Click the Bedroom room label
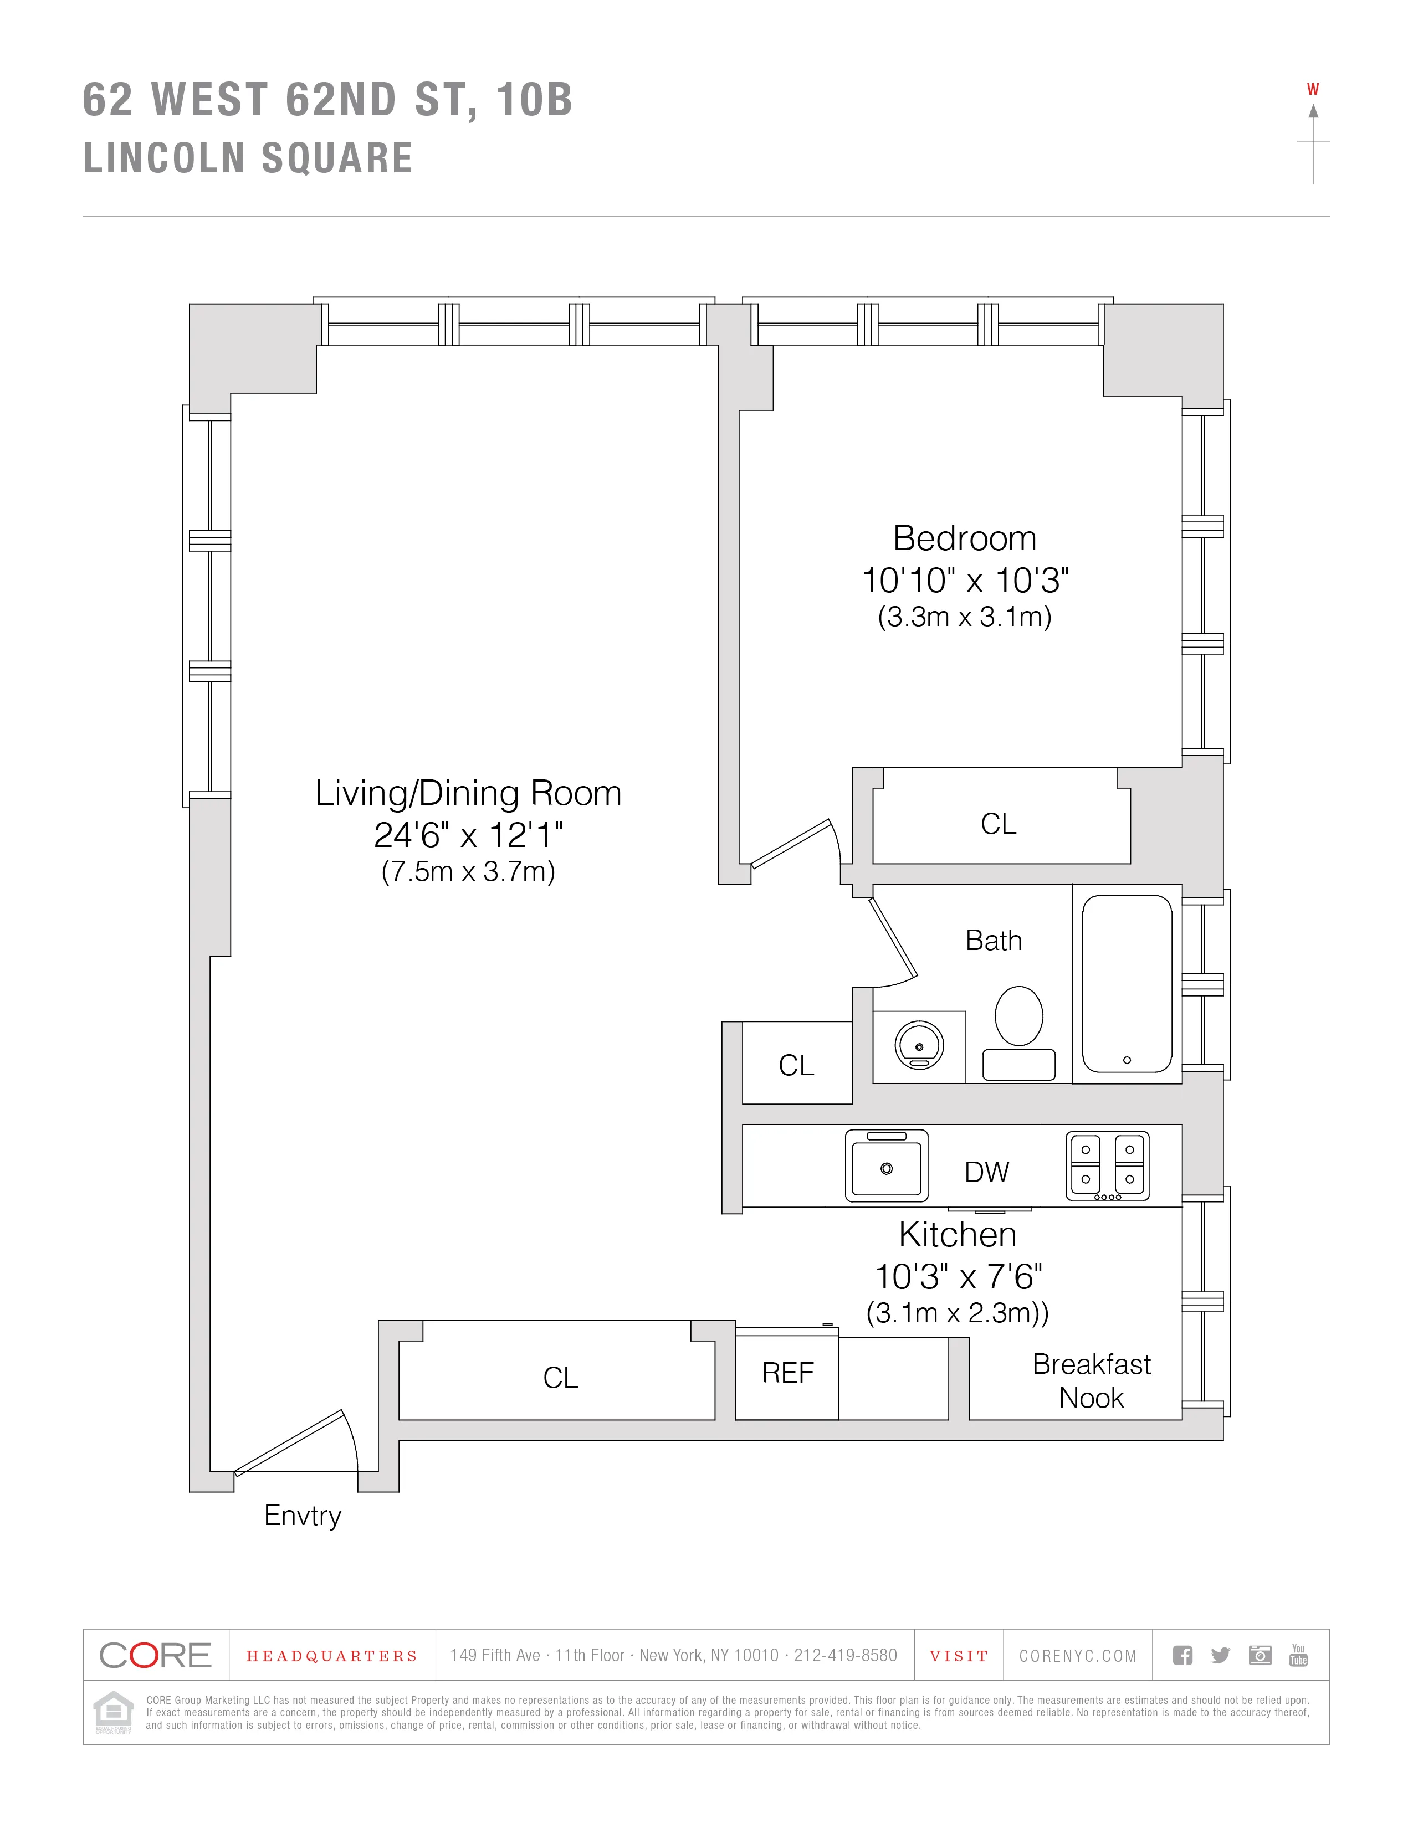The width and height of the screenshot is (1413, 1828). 964,538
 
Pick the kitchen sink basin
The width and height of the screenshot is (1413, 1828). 887,1167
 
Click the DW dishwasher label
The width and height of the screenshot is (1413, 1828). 987,1172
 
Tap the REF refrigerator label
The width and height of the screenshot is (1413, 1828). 788,1373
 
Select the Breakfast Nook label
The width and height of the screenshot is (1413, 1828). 1092,1381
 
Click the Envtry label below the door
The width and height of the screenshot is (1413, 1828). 303,1515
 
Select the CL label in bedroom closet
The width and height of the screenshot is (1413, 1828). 998,824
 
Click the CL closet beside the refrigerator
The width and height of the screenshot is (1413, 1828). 560,1377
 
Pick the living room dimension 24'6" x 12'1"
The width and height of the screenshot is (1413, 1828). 468,834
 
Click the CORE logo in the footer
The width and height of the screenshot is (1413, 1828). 156,1655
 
